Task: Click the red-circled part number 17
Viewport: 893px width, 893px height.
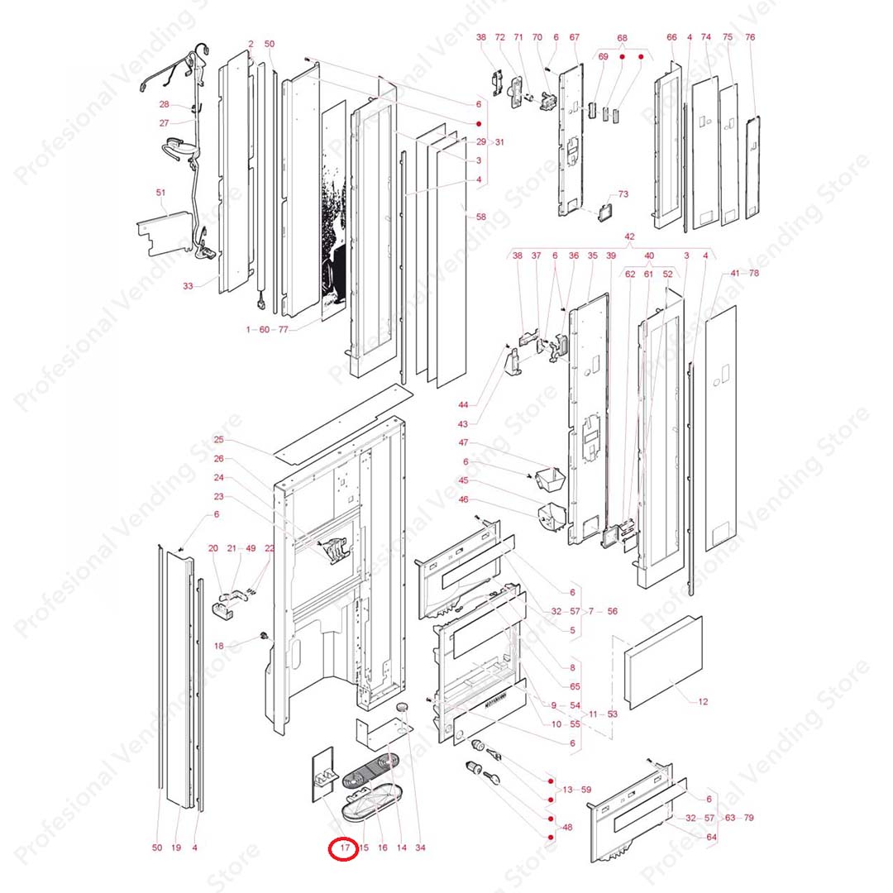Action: pyautogui.click(x=344, y=848)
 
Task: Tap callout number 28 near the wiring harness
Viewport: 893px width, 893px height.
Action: pyautogui.click(x=164, y=105)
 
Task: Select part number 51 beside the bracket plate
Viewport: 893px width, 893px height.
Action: pyautogui.click(x=160, y=193)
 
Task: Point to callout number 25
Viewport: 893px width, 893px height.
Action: pyautogui.click(x=219, y=440)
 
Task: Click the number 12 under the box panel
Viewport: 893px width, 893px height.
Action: pyautogui.click(x=703, y=702)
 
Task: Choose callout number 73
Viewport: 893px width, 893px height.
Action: pyautogui.click(x=623, y=194)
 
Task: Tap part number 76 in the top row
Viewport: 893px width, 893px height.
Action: pyautogui.click(x=750, y=37)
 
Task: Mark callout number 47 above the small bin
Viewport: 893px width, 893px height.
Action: pyautogui.click(x=463, y=443)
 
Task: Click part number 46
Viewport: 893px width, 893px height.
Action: pyautogui.click(x=463, y=500)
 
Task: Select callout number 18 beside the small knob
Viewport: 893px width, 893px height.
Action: pyautogui.click(x=219, y=646)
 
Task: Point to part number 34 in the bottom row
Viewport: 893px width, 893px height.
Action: pyautogui.click(x=420, y=848)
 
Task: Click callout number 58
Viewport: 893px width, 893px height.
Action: pyautogui.click(x=481, y=217)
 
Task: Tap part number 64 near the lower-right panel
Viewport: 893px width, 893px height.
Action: pyautogui.click(x=711, y=838)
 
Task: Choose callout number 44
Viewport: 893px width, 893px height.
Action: pyautogui.click(x=463, y=404)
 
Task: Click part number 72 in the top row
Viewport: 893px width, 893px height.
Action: pyautogui.click(x=499, y=37)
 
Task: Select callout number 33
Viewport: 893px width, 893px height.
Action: pyautogui.click(x=188, y=286)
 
